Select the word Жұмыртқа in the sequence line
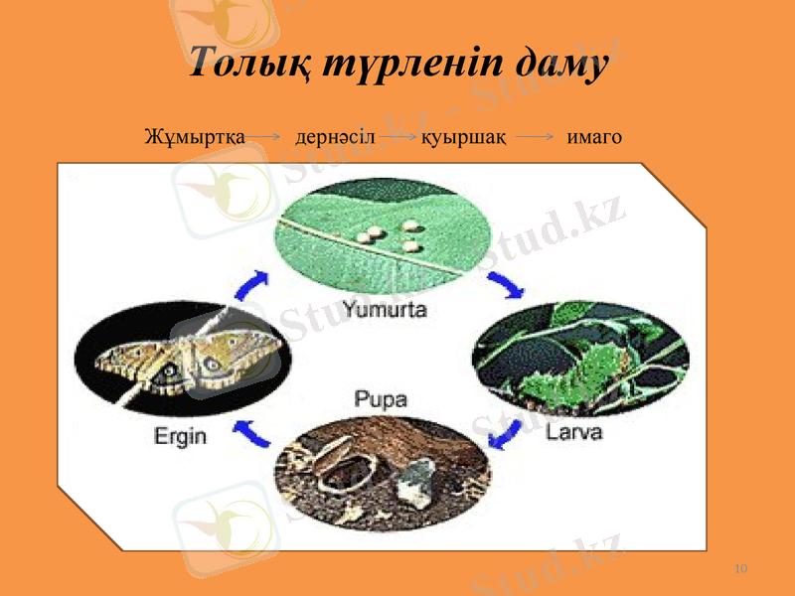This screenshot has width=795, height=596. click(x=195, y=136)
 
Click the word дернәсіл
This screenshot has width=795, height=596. click(x=335, y=136)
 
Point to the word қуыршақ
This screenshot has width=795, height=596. click(x=464, y=136)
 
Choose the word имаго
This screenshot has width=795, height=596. click(x=593, y=136)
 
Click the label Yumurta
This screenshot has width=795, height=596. click(x=385, y=309)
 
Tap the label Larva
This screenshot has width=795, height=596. click(x=573, y=434)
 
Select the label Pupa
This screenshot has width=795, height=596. click(x=381, y=400)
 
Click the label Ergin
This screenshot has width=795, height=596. click(x=180, y=436)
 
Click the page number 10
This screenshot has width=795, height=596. click(x=739, y=568)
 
